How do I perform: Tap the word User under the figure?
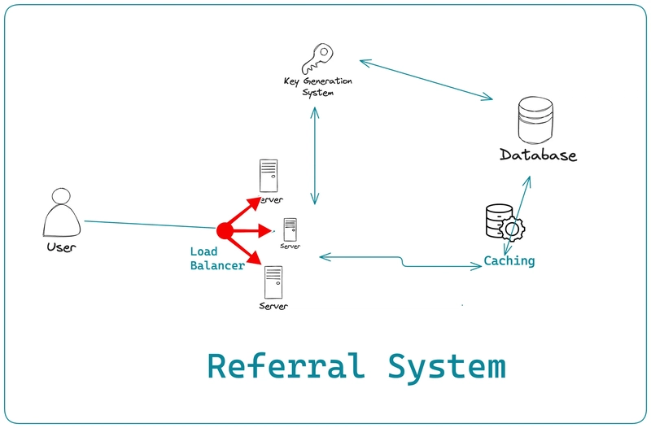(x=61, y=247)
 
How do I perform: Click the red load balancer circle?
(x=225, y=231)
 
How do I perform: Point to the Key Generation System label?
(x=318, y=87)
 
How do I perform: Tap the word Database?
(x=538, y=155)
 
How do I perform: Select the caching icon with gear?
(x=503, y=224)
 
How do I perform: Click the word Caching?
(x=509, y=261)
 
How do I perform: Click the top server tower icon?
(x=268, y=176)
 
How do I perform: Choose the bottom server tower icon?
(x=273, y=282)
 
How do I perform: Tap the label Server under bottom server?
(x=273, y=306)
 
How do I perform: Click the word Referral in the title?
(x=285, y=366)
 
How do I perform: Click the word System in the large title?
(x=446, y=366)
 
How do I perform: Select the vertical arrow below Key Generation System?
(x=314, y=155)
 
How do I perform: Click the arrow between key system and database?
(x=426, y=80)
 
